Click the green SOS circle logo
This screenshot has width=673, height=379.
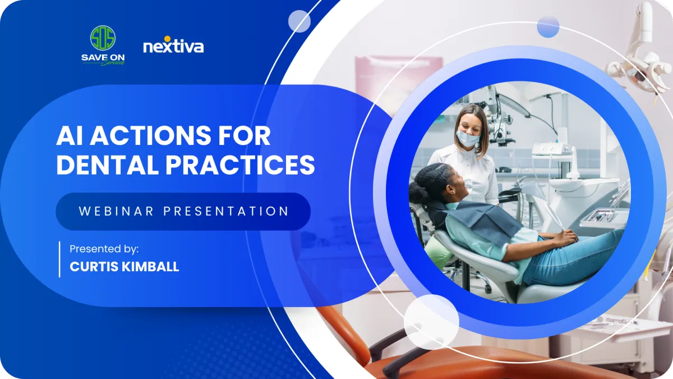103,38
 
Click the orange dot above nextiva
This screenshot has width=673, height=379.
167,39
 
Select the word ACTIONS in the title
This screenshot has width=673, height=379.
150,136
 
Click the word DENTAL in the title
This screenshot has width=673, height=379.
107,165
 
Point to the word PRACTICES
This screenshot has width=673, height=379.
240,165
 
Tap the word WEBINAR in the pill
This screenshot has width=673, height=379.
117,211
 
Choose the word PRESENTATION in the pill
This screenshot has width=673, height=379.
226,211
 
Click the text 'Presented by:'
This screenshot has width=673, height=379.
104,249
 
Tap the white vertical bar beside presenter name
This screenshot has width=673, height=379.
59,259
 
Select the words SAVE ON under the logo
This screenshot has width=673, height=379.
103,57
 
